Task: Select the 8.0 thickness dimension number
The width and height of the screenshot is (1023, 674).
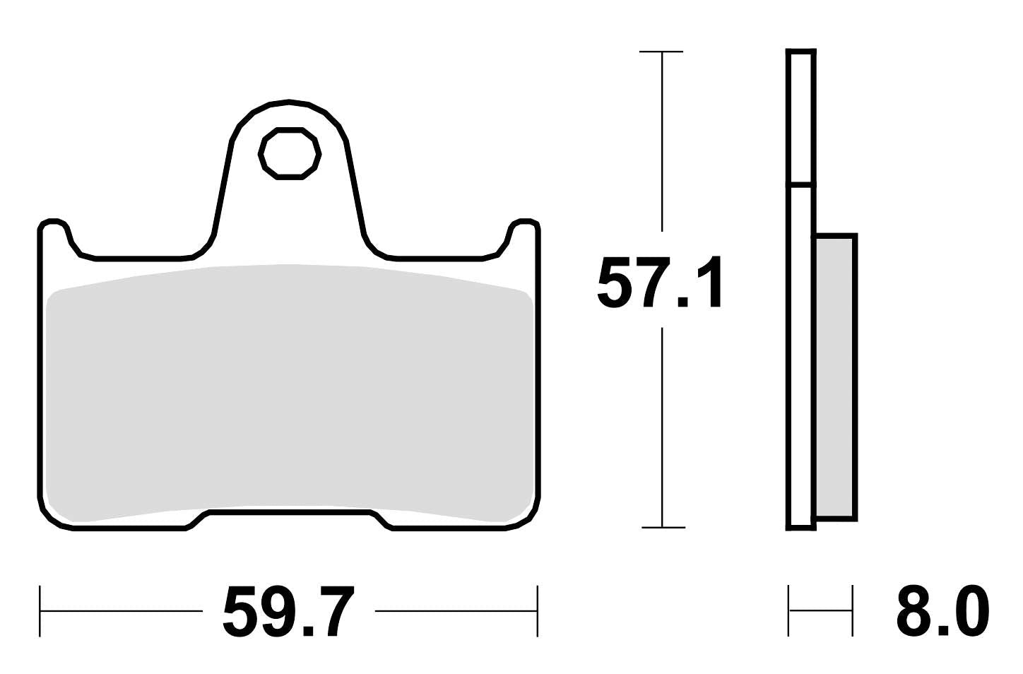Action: (942, 611)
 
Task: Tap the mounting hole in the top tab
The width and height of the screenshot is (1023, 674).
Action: (290, 153)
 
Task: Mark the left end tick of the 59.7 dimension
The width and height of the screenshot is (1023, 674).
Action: (40, 610)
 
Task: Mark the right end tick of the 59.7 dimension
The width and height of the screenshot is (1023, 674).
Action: (538, 610)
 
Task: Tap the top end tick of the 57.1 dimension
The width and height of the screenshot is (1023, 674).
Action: (661, 52)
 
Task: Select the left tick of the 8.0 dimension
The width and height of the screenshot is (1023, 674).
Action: (788, 610)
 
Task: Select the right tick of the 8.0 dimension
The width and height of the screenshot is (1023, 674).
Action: (852, 610)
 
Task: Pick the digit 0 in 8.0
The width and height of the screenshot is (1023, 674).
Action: (967, 611)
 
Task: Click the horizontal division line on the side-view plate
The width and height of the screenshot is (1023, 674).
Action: (800, 186)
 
